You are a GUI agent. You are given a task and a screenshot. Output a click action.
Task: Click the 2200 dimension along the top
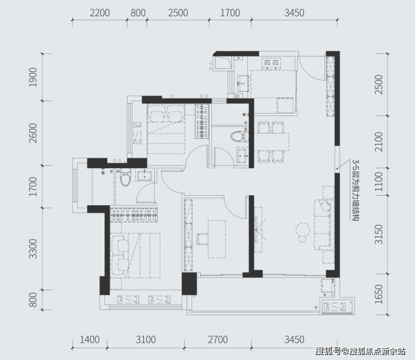[x=100, y=13]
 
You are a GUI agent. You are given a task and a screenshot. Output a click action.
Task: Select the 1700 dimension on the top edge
[x=230, y=13]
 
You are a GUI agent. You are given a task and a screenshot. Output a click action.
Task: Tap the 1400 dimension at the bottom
[x=90, y=340]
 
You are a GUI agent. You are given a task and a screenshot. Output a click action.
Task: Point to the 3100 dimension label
[x=146, y=340]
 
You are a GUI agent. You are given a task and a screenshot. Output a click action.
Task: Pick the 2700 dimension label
[x=218, y=340]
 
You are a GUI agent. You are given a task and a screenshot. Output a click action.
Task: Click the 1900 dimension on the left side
[x=33, y=77]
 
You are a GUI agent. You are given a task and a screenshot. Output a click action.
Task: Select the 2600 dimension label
[x=33, y=133]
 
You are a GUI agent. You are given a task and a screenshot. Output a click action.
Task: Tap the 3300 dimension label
[x=33, y=249]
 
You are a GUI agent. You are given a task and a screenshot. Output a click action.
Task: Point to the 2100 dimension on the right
[x=379, y=142]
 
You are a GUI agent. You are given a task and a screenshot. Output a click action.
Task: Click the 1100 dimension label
[x=379, y=182]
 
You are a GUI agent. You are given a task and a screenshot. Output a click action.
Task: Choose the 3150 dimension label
[x=379, y=234]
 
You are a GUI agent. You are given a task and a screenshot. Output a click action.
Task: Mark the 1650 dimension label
[x=379, y=294]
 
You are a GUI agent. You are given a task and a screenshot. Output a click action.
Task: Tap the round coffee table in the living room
[x=303, y=230]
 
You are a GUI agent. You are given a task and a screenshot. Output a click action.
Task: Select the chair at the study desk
[x=202, y=239]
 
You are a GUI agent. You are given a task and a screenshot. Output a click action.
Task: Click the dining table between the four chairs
[x=272, y=142]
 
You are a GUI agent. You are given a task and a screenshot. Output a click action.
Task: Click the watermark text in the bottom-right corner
[x=360, y=351]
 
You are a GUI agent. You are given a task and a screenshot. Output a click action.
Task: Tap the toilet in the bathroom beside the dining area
[x=240, y=137]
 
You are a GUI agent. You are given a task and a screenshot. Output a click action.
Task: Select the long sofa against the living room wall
[x=324, y=225]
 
